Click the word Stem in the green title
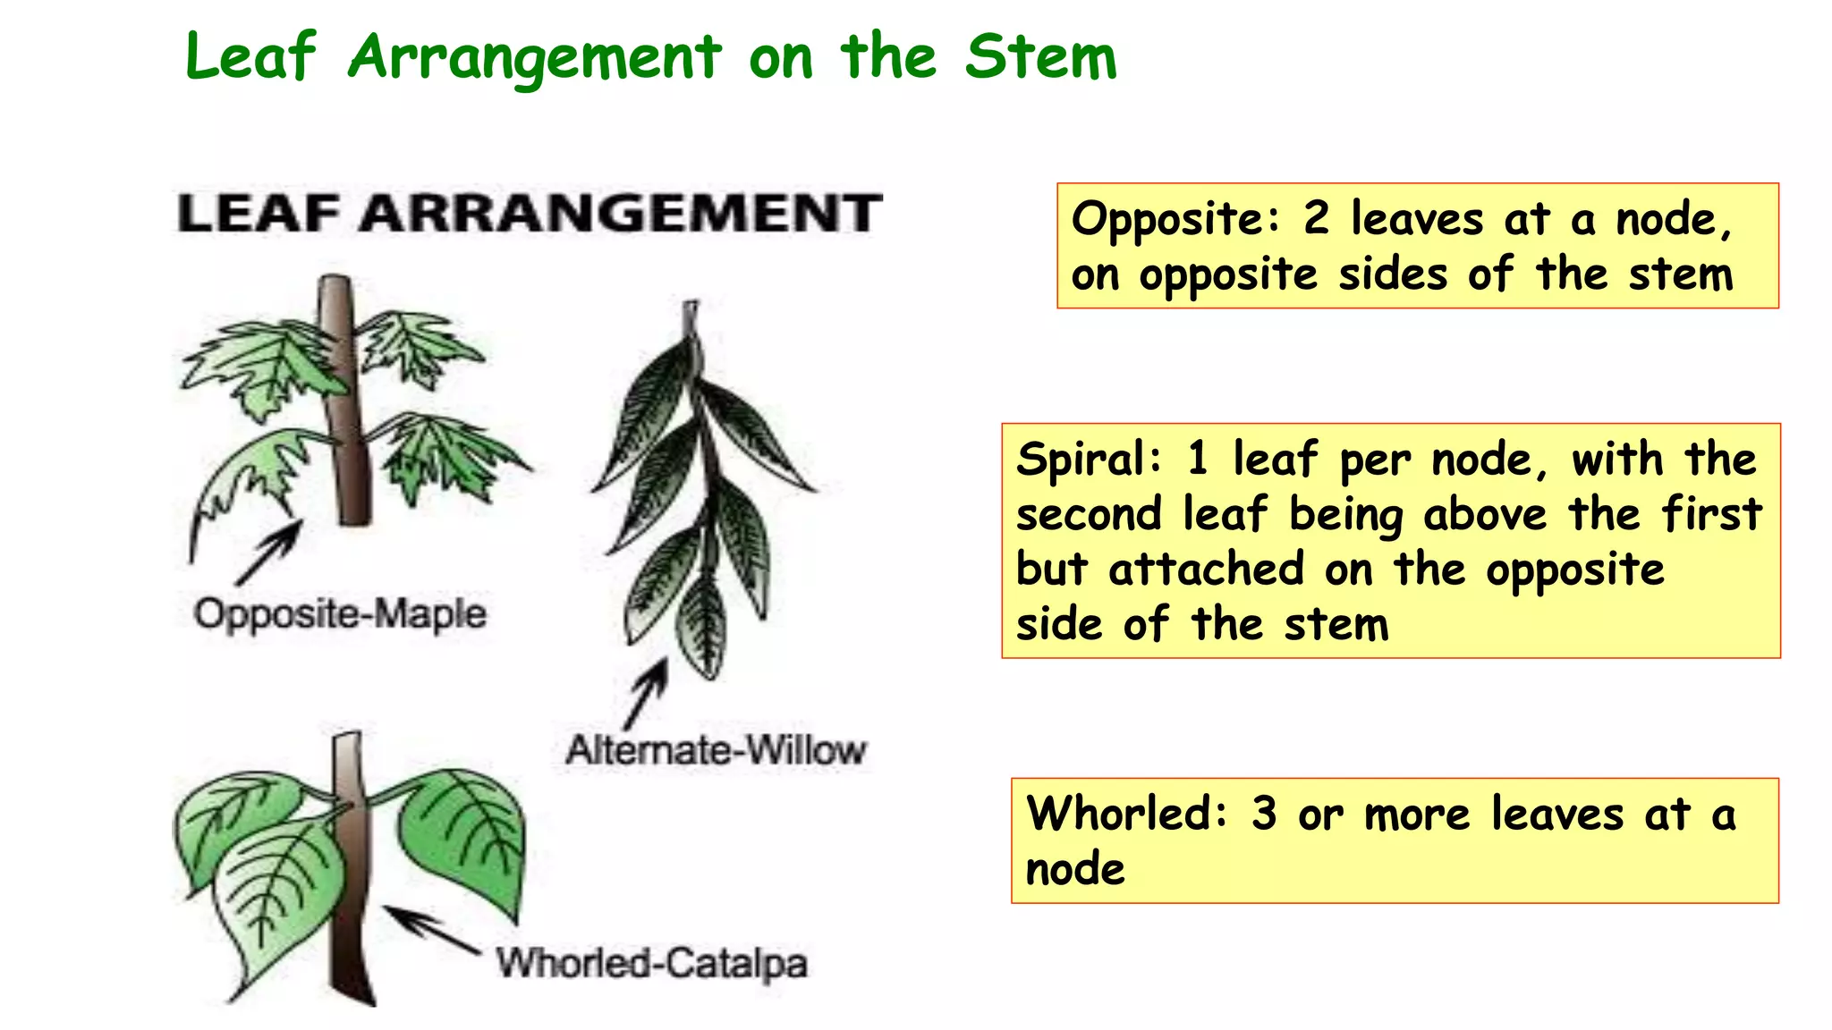pos(1041,56)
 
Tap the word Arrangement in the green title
pos(534,58)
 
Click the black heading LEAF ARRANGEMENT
pos(530,214)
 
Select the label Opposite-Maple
pos(340,614)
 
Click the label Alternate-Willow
pos(716,749)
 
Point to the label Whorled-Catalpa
pos(652,963)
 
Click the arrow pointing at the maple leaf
pos(269,553)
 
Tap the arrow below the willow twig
pos(647,695)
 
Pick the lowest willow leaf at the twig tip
pos(703,626)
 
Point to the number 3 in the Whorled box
pos(1264,814)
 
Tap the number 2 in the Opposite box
pos(1316,218)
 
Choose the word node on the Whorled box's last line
pos(1075,869)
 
